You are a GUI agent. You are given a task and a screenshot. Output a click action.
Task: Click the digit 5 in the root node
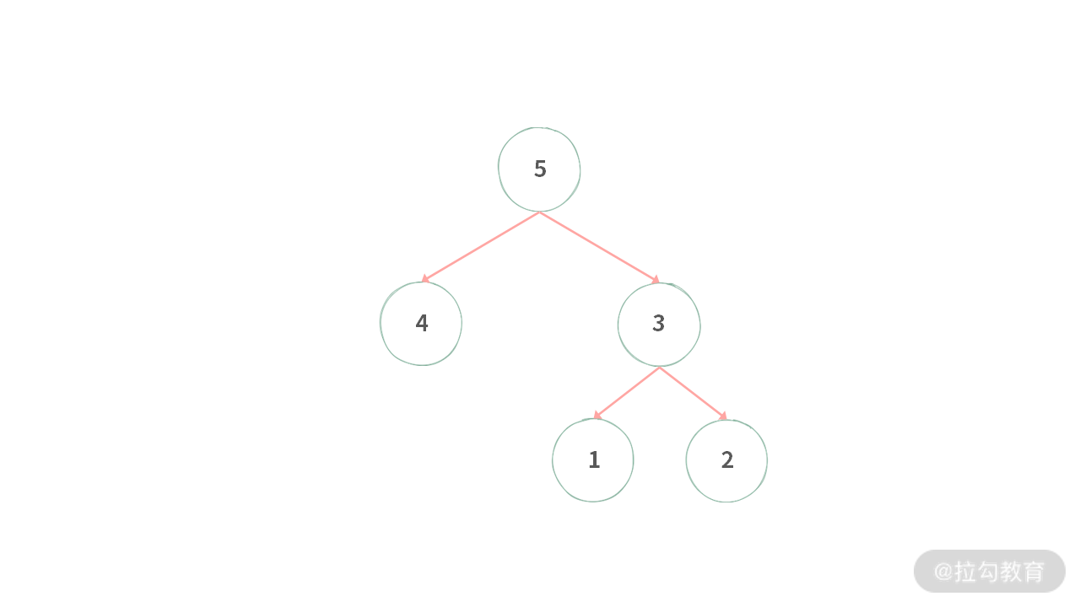pos(540,169)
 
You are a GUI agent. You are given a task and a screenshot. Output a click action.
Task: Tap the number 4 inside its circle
pos(421,323)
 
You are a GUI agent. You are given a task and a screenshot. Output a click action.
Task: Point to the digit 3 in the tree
pos(658,323)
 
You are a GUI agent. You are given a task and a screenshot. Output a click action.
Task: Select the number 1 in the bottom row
pos(594,459)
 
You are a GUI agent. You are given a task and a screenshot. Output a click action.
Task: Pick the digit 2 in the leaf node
pos(727,459)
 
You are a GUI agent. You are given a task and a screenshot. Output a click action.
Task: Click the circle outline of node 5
pos(499,169)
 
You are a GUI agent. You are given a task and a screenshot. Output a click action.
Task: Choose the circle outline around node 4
pos(381,323)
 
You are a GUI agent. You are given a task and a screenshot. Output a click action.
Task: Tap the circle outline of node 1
pos(553,460)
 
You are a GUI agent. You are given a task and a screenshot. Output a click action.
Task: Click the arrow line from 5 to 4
pos(481,246)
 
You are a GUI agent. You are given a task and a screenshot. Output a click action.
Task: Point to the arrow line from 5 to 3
pos(599,246)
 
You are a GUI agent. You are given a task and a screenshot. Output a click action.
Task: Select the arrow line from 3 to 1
pos(627,393)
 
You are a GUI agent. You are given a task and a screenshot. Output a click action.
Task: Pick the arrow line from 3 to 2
pos(692,392)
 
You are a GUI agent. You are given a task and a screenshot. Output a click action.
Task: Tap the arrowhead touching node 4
pos(425,279)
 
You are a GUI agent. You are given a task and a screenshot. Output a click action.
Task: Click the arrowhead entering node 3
pos(655,279)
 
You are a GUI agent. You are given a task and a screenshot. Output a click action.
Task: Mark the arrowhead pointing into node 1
pos(597,416)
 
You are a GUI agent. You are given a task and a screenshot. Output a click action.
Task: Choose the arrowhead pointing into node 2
pos(722,415)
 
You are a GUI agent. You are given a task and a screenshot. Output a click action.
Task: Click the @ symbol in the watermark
pos(942,572)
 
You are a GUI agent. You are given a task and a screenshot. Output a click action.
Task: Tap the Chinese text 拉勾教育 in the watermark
pos(1000,572)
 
